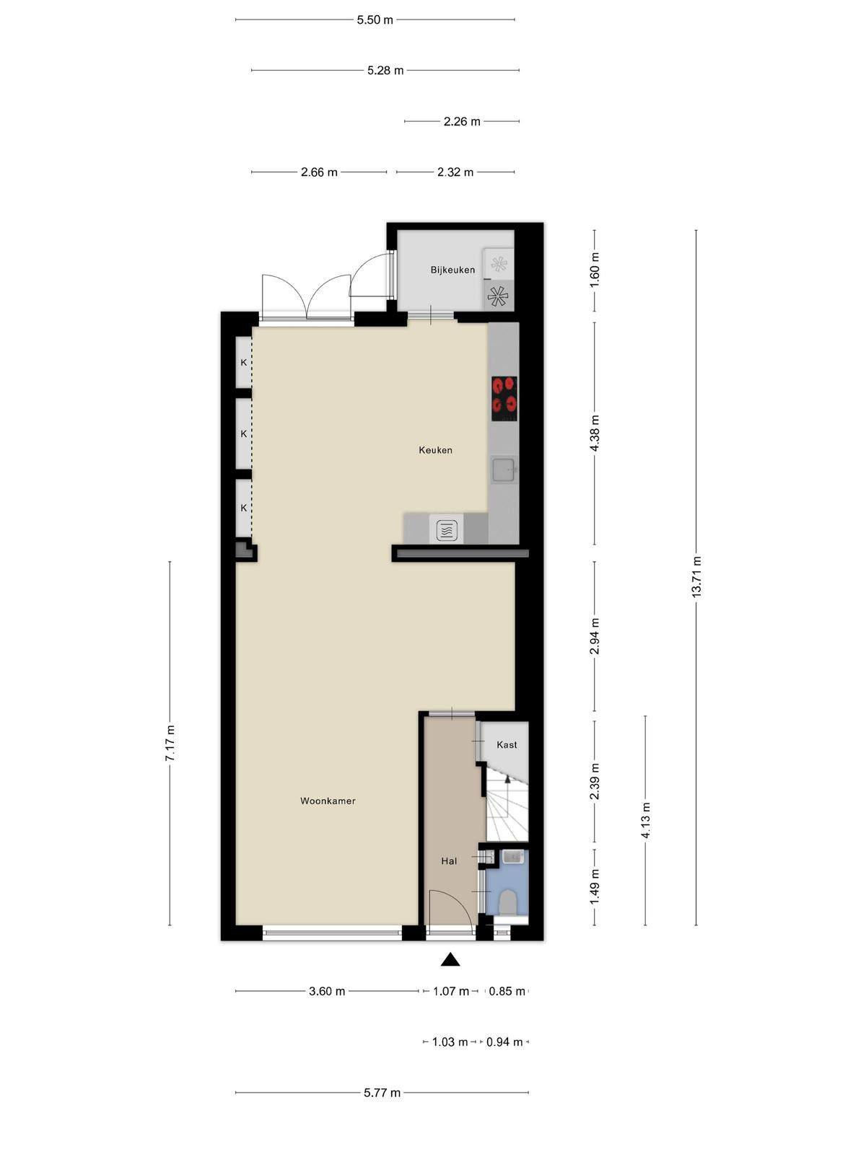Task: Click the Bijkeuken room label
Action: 452,270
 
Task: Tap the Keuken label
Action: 435,450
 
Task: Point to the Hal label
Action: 448,861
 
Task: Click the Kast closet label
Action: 507,745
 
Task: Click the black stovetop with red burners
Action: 504,399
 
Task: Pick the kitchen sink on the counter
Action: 504,470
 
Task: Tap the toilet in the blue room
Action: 507,903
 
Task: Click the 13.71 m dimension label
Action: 696,576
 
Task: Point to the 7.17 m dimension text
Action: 170,743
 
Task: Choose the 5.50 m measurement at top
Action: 375,20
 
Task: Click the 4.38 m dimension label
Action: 595,433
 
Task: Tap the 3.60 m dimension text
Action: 327,992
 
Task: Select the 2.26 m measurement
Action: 462,122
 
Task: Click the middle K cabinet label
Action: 243,433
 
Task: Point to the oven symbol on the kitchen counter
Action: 447,529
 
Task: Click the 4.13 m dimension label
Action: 646,822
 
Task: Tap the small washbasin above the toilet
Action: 512,858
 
